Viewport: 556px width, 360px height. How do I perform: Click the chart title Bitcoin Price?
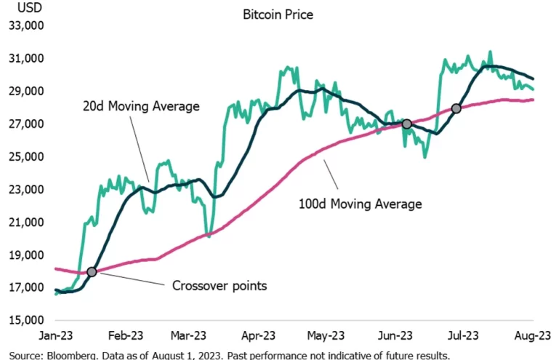coord(278,14)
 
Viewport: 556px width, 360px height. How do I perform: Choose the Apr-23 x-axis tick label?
coord(258,336)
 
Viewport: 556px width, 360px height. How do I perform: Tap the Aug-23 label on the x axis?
coord(533,336)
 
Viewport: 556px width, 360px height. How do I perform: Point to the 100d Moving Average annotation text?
coord(360,204)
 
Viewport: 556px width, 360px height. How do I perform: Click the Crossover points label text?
coord(219,286)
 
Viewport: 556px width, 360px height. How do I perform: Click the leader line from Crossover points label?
coord(131,279)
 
